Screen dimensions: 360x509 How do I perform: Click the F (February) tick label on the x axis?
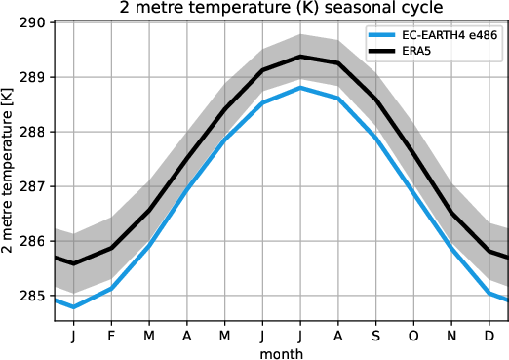[x=110, y=335]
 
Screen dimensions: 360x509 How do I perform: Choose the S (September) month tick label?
[x=375, y=335]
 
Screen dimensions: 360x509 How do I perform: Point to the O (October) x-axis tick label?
[x=413, y=335]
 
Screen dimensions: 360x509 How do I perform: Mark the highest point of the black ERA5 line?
[x=300, y=57]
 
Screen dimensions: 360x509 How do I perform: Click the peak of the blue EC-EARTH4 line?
[x=300, y=88]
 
